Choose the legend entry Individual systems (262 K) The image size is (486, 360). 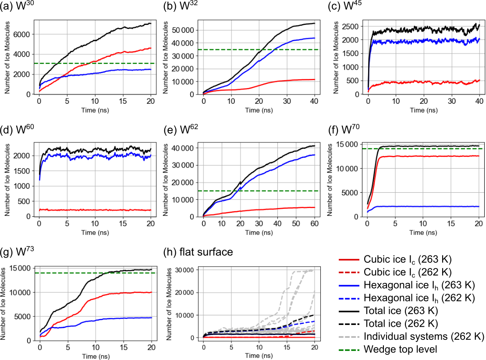point(424,336)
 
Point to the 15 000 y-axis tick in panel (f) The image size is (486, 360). point(348,145)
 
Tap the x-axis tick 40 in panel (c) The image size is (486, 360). point(479,102)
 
